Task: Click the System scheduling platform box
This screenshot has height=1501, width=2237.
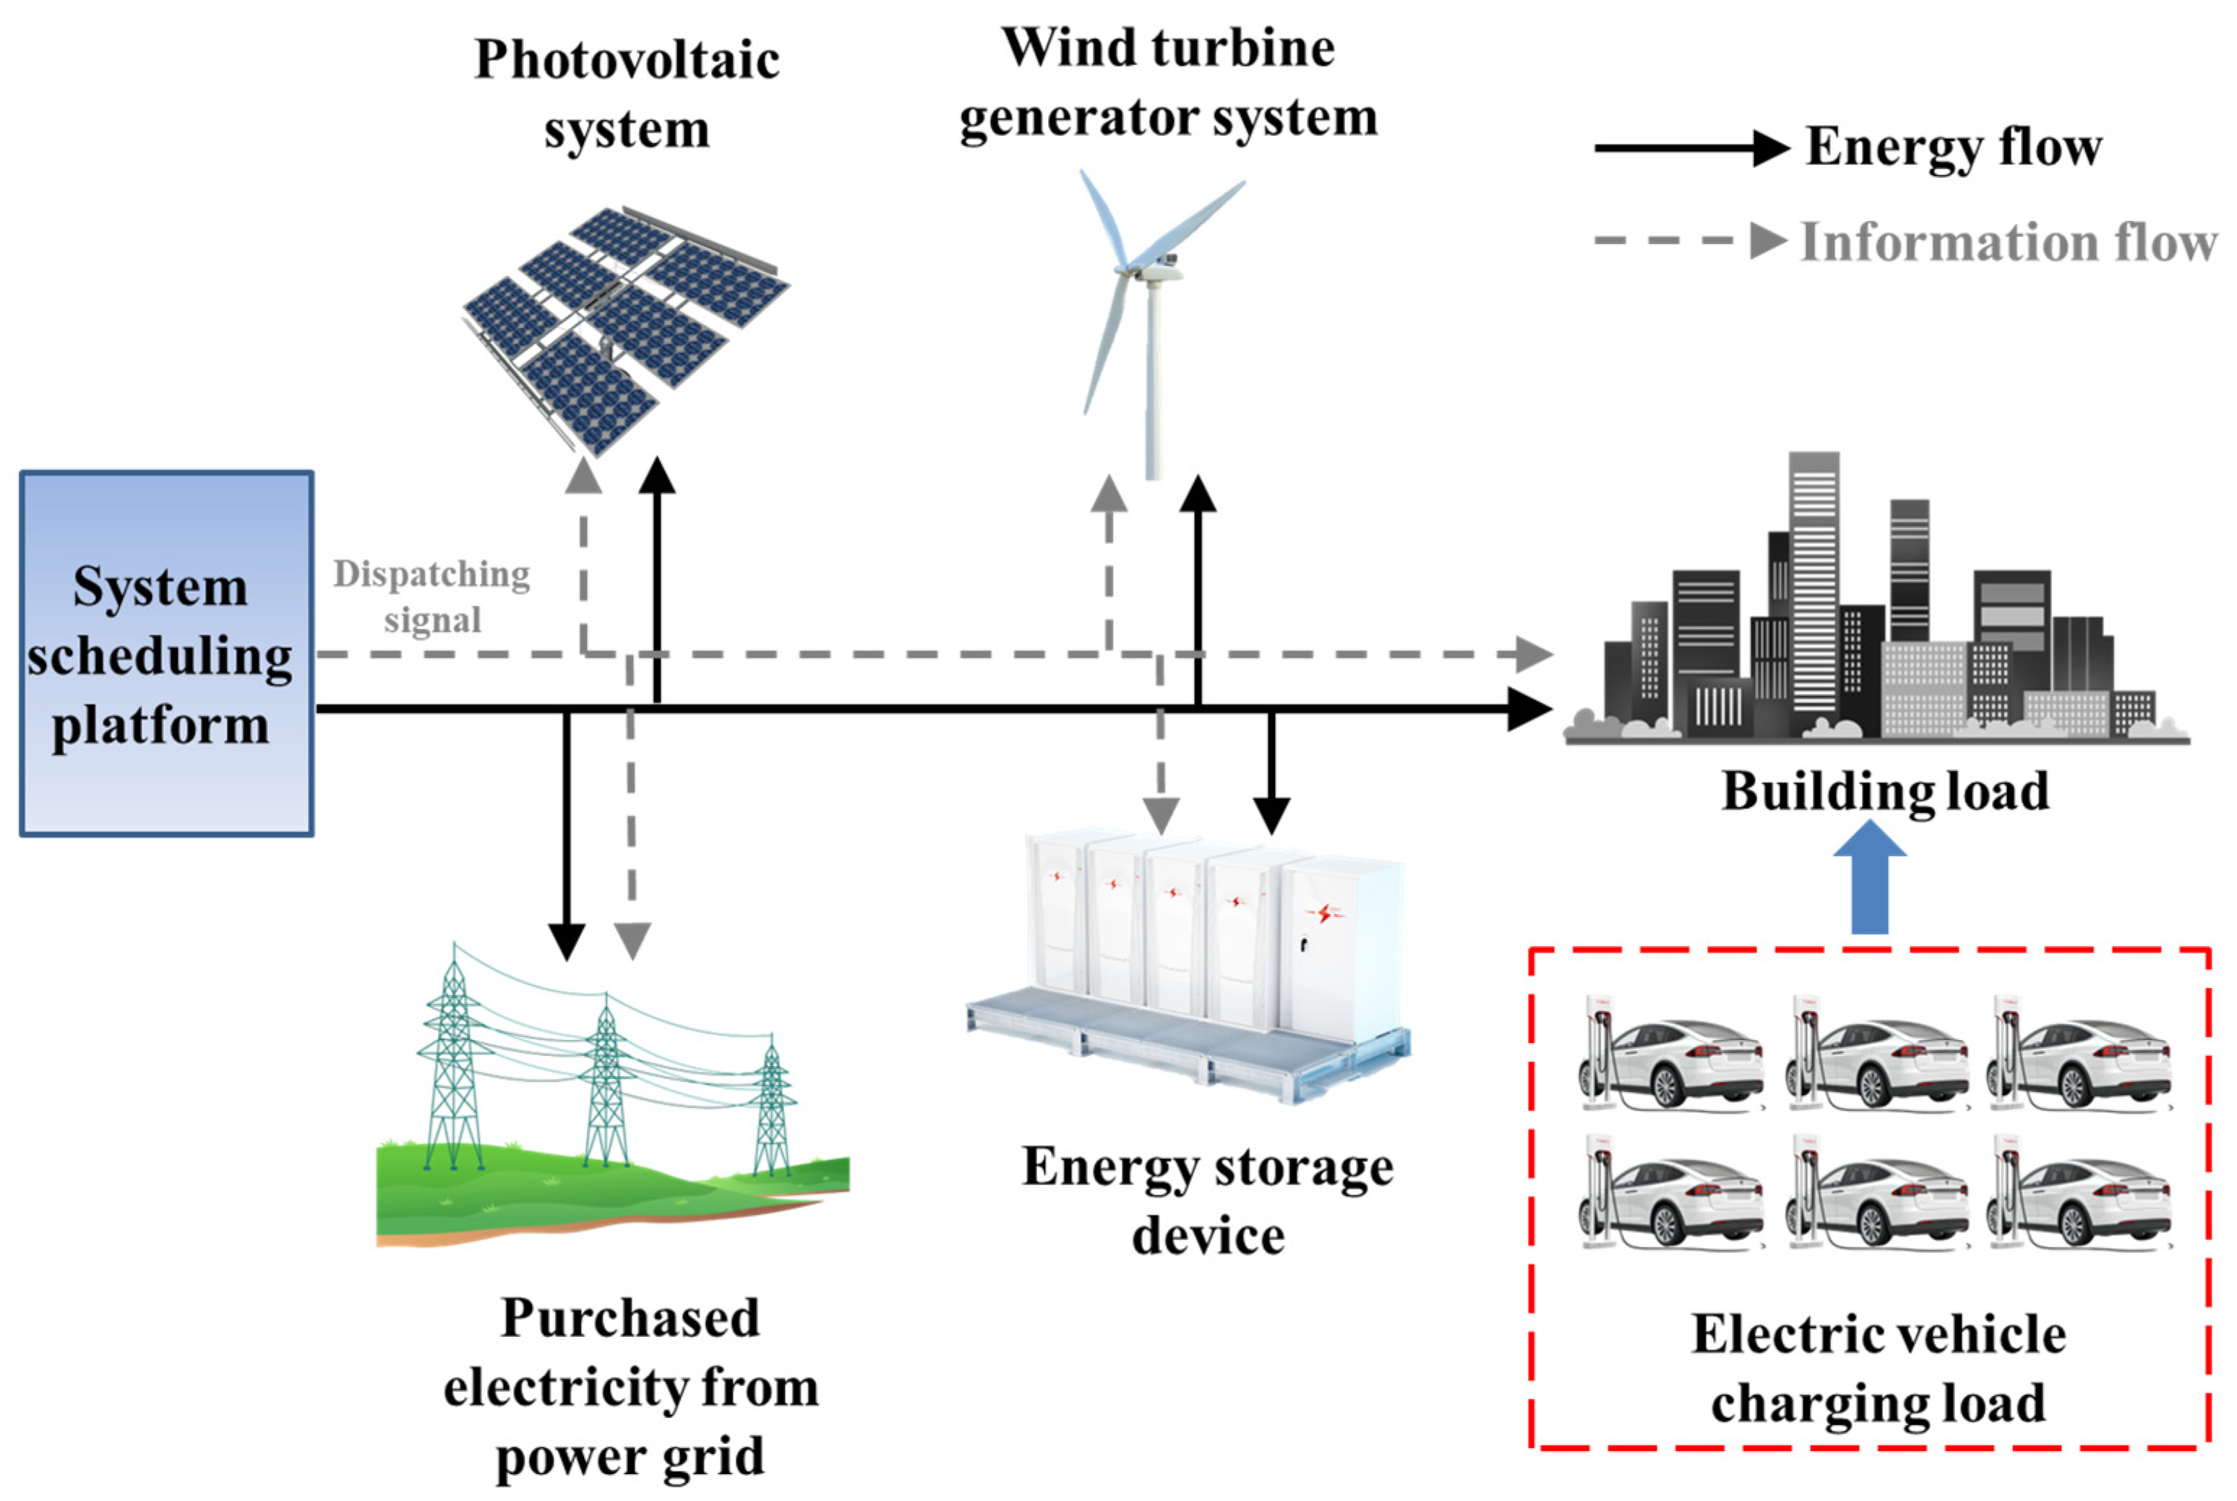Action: click(166, 654)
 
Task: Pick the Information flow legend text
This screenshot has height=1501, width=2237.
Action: click(2008, 241)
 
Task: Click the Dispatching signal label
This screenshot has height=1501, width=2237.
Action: click(431, 595)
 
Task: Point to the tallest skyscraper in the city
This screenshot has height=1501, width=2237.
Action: click(1813, 584)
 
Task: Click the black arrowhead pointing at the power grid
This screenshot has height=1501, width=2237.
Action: click(567, 941)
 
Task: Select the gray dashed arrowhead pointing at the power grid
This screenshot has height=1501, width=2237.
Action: click(632, 941)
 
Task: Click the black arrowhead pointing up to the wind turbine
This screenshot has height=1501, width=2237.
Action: click(1198, 494)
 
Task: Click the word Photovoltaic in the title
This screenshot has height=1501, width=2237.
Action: click(627, 60)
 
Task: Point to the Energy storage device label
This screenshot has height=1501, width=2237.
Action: click(1207, 1200)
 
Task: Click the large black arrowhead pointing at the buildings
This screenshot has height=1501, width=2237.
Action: click(1529, 708)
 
